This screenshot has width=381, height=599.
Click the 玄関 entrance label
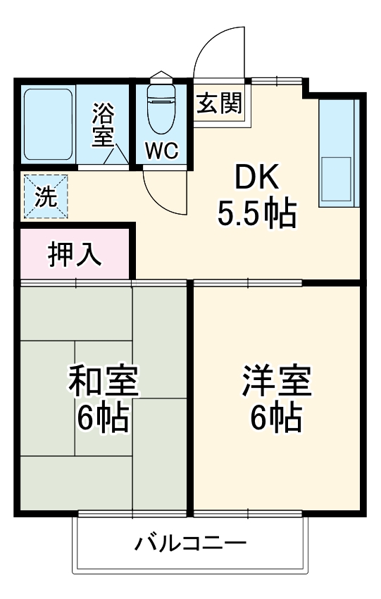tap(219, 103)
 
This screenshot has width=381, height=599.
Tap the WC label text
tap(162, 150)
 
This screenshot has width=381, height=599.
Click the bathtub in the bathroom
tap(48, 124)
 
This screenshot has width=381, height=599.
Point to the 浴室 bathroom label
tap(104, 125)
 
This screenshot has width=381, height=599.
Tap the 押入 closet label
tap(75, 255)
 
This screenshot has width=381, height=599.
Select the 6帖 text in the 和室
tap(103, 420)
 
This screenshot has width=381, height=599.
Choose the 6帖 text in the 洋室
tap(276, 420)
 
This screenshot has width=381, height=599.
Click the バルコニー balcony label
tap(191, 544)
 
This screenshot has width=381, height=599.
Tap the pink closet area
tap(75, 255)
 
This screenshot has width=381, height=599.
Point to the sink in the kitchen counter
tap(337, 179)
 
